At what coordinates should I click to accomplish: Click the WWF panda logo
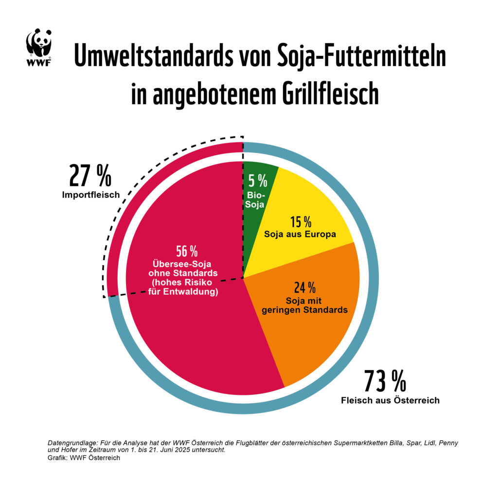pos(39,46)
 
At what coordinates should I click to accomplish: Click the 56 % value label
pos(187,251)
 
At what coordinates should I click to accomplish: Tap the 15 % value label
pos(301,222)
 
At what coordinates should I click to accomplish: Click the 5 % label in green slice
pos(258,181)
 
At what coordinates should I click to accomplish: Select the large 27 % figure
pos(90,176)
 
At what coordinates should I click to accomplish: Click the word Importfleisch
pos(90,195)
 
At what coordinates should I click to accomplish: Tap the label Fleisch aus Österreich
pos(390,400)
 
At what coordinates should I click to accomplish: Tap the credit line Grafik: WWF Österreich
pos(84,458)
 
